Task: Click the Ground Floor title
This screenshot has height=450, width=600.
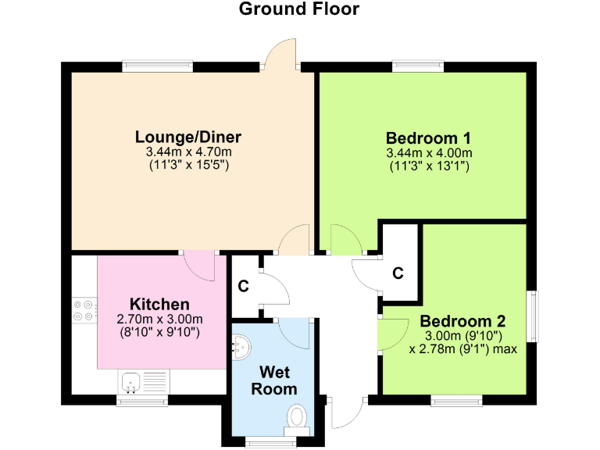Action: click(299, 9)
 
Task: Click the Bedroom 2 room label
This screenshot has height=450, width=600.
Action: click(462, 321)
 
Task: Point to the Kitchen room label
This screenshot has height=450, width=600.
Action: click(159, 304)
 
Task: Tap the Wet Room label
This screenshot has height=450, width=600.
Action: click(278, 380)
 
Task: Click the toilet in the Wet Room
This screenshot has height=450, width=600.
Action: click(297, 417)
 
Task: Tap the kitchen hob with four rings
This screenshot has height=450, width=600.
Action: click(84, 309)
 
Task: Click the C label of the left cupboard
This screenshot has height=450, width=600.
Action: click(243, 286)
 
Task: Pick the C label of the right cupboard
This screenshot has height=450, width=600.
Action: click(398, 273)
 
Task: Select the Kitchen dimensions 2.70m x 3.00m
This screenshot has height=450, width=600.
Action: click(159, 319)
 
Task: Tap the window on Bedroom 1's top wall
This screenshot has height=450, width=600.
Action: click(418, 66)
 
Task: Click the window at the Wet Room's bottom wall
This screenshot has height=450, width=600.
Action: click(266, 442)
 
